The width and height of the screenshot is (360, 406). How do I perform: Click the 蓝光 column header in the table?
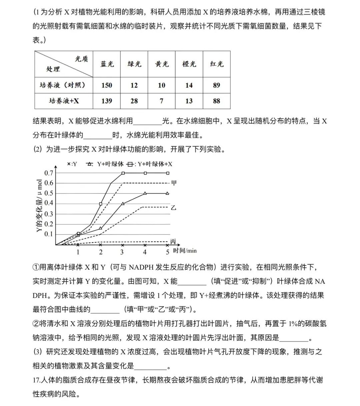(107, 64)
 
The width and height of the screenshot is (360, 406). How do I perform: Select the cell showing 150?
(107, 85)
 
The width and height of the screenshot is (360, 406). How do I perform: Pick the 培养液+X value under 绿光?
(134, 101)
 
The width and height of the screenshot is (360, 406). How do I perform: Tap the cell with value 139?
(107, 101)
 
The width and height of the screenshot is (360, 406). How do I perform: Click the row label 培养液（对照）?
(63, 85)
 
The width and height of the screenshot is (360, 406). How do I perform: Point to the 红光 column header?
(217, 64)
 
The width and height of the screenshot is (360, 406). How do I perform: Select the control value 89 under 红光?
(217, 85)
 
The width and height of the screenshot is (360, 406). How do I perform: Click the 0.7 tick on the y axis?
(49, 173)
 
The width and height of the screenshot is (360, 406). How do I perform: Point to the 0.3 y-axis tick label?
(49, 214)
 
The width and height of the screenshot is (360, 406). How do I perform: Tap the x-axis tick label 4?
(145, 252)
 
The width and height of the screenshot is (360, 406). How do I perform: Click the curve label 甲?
(174, 183)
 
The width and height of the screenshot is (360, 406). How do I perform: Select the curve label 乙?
(174, 207)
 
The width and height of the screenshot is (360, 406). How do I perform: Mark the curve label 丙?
(173, 241)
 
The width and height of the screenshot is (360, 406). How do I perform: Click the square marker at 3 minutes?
(123, 173)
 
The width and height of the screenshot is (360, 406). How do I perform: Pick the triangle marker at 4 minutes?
(145, 193)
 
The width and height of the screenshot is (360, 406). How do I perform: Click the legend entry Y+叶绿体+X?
(152, 164)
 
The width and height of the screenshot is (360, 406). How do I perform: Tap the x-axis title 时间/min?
(185, 250)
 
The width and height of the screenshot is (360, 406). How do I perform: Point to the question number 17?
(36, 380)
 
